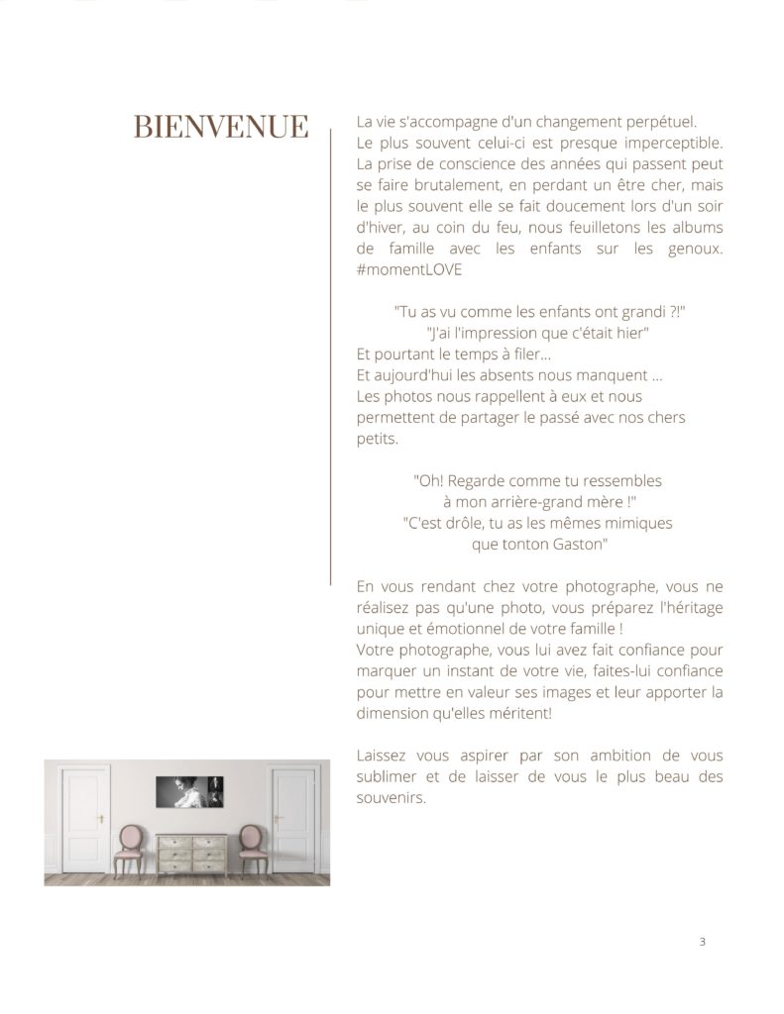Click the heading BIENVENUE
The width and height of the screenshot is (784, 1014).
(x=220, y=127)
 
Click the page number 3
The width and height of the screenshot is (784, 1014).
(x=702, y=942)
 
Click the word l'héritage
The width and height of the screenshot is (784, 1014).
(x=687, y=608)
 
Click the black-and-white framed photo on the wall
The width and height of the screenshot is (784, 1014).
(x=189, y=791)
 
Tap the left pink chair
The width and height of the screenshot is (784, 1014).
(x=130, y=847)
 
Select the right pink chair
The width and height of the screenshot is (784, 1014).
(x=250, y=847)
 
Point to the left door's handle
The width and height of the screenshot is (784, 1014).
(x=100, y=820)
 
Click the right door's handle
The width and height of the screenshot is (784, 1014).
(x=279, y=820)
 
